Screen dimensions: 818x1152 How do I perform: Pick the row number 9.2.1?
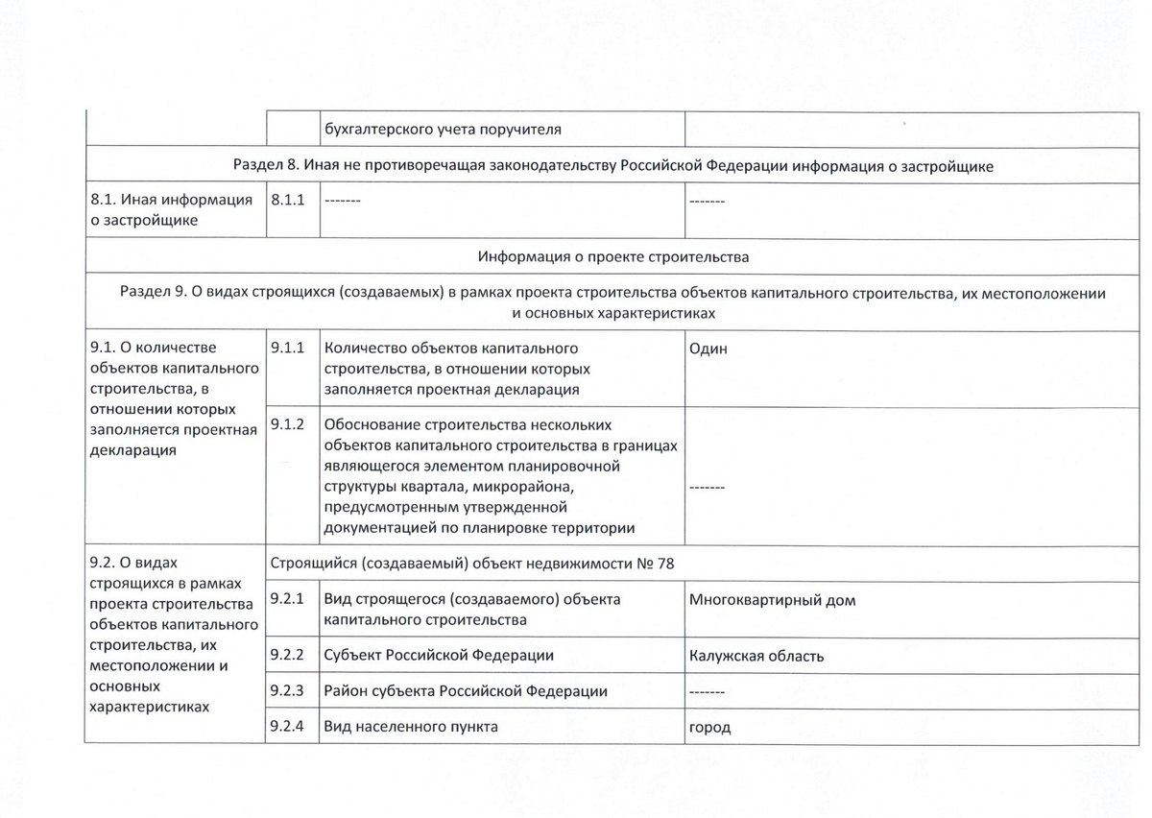tap(288, 598)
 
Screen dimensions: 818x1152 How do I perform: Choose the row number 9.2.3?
tap(288, 690)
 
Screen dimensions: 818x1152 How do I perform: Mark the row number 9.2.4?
tap(288, 726)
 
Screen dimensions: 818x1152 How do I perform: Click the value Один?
tap(708, 349)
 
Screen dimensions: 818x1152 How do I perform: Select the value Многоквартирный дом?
tap(772, 601)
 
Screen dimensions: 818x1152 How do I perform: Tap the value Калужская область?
tap(756, 657)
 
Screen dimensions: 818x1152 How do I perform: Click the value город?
tap(710, 728)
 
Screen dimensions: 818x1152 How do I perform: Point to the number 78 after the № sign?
tap(665, 563)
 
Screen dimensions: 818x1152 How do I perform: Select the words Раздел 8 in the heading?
tap(264, 165)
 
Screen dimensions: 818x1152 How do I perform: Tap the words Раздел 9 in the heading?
tap(153, 292)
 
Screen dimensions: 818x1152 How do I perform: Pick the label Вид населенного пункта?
tap(412, 727)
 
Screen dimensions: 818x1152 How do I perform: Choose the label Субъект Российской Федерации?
tap(440, 656)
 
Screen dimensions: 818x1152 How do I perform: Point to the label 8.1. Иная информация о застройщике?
tap(171, 210)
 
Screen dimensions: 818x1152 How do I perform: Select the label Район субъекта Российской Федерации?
tap(466, 691)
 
